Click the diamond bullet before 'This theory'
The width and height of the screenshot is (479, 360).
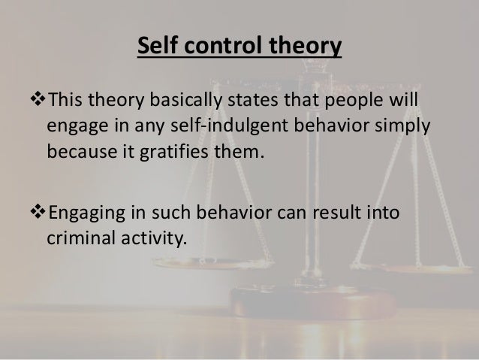[x=41, y=101]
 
